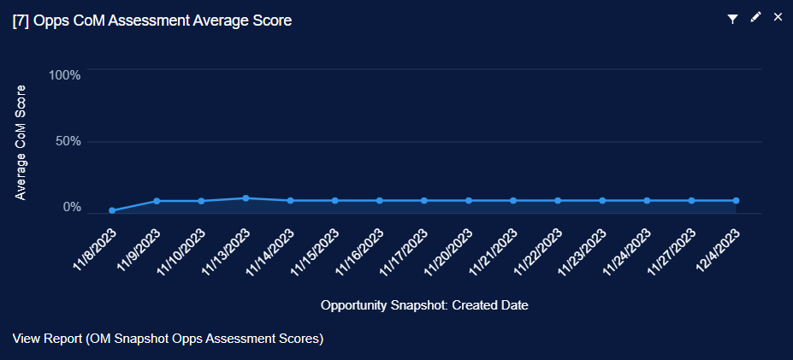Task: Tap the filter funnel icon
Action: pos(732,18)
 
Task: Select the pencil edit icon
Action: pos(755,17)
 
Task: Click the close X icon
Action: pos(778,17)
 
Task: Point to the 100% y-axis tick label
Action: pos(65,75)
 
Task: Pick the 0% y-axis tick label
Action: pos(72,207)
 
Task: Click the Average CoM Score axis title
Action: pos(21,142)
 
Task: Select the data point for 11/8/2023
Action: pos(112,210)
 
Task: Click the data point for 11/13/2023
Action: pos(246,198)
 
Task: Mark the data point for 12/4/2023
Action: pos(736,201)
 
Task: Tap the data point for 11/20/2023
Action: pos(469,201)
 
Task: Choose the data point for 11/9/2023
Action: pos(157,201)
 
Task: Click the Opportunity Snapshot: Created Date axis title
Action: pos(424,305)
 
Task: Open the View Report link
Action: pos(168,339)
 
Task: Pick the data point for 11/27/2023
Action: pos(691,201)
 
